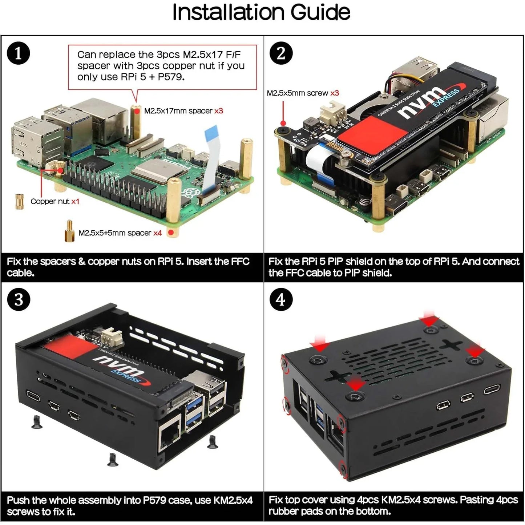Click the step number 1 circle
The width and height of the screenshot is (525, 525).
(18, 53)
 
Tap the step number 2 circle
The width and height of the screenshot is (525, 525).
(281, 53)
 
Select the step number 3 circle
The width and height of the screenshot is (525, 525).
(18, 300)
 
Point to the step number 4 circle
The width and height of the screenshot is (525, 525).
(281, 300)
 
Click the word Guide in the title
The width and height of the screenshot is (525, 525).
(320, 13)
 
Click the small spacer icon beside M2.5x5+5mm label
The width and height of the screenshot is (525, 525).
(69, 231)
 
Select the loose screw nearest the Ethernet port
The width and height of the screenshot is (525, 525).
(212, 441)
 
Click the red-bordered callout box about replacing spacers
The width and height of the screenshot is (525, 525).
(162, 66)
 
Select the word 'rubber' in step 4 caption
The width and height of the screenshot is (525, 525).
(286, 512)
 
